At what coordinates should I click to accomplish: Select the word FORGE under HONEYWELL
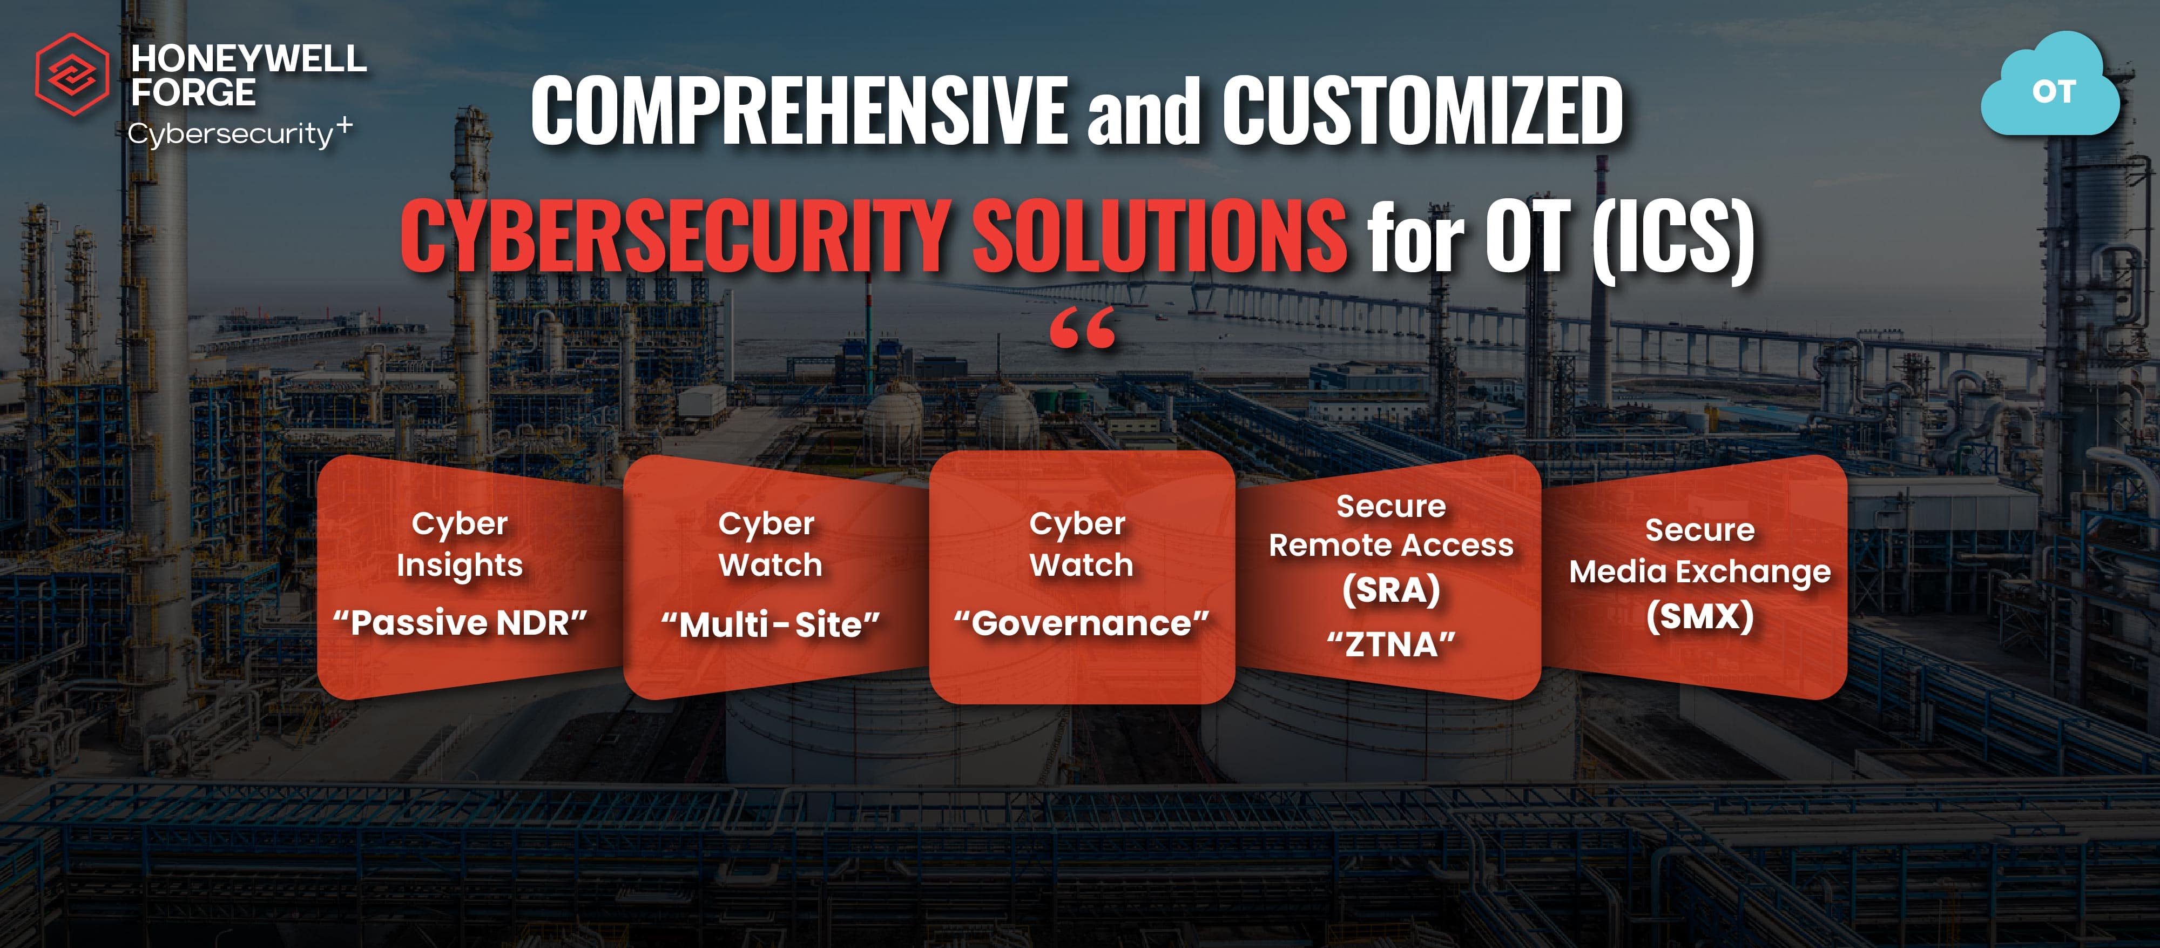point(193,92)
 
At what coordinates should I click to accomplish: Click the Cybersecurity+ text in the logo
point(239,133)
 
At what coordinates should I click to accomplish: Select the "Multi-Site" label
point(769,625)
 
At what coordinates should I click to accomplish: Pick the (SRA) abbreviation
point(1391,590)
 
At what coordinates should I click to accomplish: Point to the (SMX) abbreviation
point(1700,617)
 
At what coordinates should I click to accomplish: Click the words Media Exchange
point(1700,572)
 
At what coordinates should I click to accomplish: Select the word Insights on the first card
point(460,566)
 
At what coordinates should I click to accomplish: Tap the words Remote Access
point(1391,546)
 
